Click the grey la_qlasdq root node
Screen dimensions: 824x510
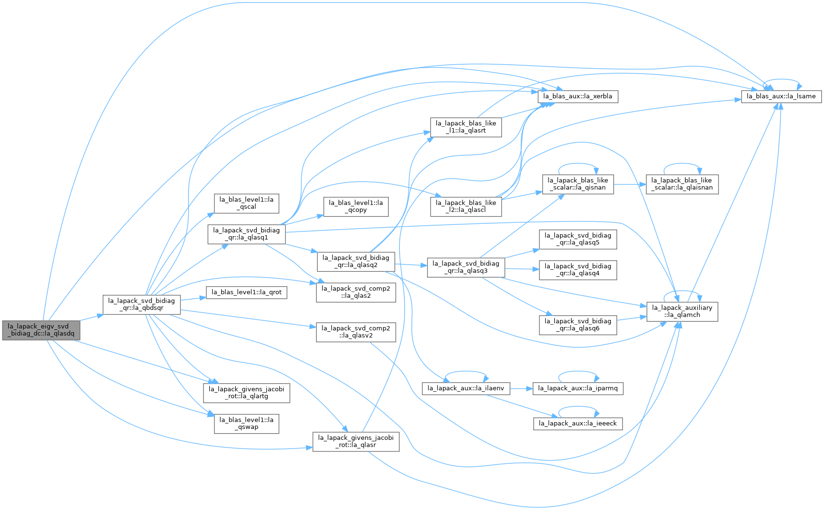[41, 330]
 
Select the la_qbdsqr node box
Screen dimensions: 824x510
[142, 305]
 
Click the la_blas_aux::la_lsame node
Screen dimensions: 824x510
[781, 97]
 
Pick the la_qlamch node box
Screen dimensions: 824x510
[682, 311]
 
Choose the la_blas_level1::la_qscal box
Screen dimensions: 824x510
[246, 203]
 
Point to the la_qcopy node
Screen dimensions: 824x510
[356, 206]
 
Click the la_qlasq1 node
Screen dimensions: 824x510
[246, 234]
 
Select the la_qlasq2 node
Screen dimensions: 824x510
[356, 261]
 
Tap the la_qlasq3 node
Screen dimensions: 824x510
[466, 267]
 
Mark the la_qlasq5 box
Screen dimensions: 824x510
[578, 239]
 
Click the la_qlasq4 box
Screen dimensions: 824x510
[578, 270]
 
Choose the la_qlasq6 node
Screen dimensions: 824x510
[578, 325]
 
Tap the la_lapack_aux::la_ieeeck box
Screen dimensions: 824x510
[578, 423]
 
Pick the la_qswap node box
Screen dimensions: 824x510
[246, 424]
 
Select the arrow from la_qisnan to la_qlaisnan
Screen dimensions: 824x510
[630, 184]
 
